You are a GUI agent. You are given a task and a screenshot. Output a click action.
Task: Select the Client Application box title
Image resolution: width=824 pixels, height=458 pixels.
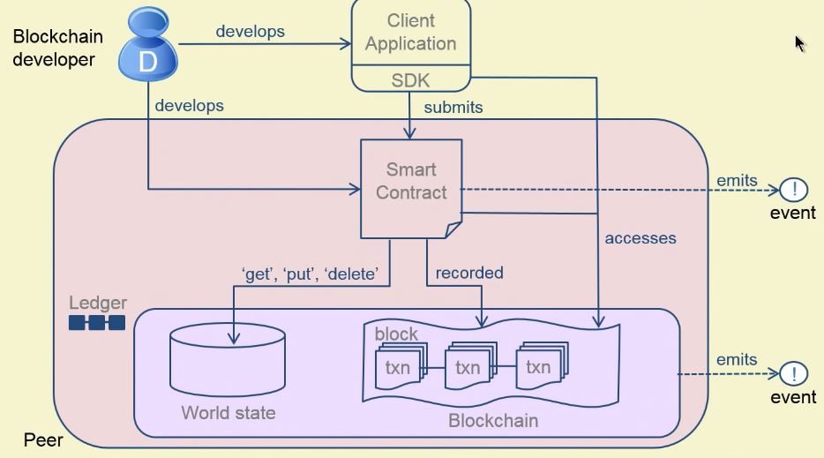pos(410,32)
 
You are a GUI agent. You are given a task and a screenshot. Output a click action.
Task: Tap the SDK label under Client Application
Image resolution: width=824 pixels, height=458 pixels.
pos(410,80)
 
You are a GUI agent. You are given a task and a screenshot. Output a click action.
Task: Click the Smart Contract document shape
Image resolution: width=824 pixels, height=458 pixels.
pos(411,188)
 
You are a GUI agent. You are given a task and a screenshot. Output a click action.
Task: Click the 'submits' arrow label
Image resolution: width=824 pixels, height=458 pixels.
pos(453,108)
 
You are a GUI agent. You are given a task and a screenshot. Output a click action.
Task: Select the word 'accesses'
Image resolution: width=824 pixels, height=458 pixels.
pos(640,237)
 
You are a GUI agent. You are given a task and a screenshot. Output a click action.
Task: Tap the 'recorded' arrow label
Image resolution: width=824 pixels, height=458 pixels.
pos(469,273)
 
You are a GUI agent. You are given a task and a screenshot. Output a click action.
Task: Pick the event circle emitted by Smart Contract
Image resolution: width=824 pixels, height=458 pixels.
pos(794,189)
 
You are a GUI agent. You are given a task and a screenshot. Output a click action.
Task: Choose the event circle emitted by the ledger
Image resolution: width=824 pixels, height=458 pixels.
pos(794,374)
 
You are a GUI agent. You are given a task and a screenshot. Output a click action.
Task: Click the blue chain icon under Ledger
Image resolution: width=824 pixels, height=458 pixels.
pos(97,323)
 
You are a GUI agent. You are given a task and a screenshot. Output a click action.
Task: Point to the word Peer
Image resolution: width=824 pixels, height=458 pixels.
pos(43,439)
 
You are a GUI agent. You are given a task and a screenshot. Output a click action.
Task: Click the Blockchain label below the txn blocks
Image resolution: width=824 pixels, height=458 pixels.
pos(493,420)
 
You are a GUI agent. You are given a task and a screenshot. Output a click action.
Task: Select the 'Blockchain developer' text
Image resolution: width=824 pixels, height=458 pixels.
pos(57,48)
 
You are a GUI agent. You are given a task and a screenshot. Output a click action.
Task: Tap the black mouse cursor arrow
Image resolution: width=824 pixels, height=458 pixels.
pos(799,43)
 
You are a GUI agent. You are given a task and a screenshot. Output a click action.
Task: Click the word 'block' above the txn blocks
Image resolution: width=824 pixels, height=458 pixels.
pos(396,334)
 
